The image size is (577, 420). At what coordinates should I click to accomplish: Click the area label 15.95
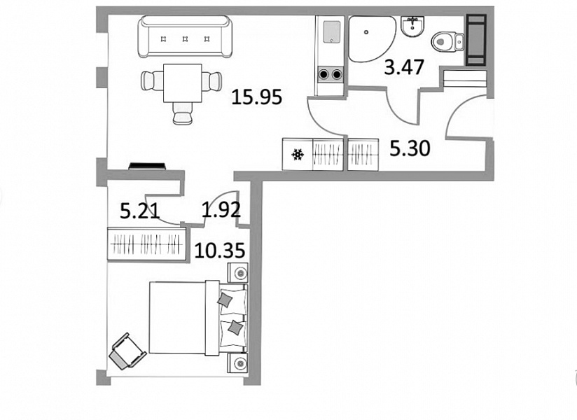pos(257,97)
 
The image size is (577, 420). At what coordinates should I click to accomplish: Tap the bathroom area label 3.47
pos(404,67)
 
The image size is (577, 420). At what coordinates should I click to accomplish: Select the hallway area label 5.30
pos(410,149)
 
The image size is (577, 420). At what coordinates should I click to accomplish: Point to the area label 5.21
pos(140,211)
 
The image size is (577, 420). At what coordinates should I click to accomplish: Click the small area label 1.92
pos(221,209)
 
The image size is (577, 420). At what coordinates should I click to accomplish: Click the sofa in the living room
pos(185,36)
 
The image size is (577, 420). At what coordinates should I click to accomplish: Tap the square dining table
pos(183,83)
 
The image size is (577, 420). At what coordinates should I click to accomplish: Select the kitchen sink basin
pos(331,31)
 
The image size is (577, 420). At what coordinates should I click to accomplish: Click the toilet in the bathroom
pos(447,41)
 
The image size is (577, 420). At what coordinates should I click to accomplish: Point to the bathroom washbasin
pos(413,26)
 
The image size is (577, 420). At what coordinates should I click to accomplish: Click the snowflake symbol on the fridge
pos(298,155)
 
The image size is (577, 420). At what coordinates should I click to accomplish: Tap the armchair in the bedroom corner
pos(127,351)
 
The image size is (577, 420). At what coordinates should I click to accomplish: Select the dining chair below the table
pos(183,113)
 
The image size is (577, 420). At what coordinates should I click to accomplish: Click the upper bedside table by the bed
pos(238,273)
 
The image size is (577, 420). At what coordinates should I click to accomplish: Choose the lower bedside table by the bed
pos(238,363)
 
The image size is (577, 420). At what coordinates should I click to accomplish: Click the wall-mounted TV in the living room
pos(147,166)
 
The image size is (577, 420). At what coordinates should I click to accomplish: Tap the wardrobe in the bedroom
pos(147,244)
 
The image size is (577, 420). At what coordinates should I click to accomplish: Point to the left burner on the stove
pos(324,75)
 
